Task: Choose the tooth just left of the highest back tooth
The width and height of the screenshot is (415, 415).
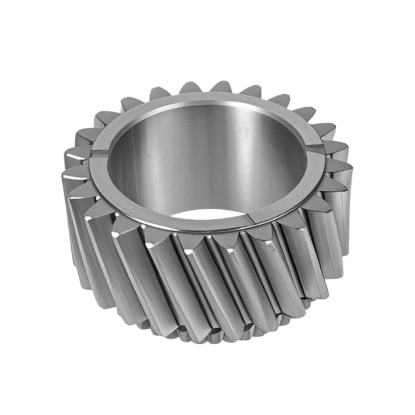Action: point(191,87)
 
